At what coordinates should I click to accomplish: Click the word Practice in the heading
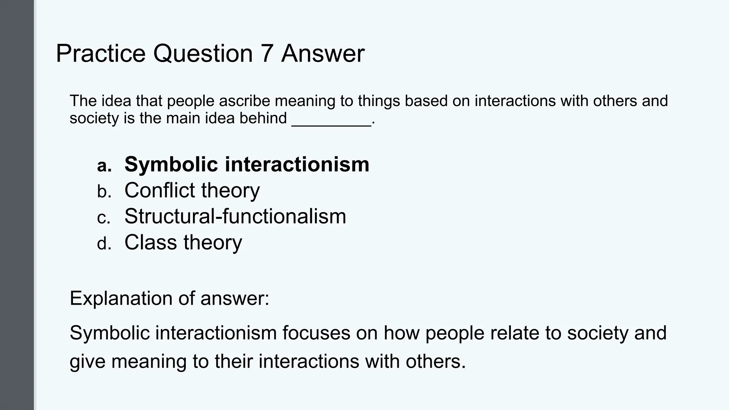pos(101,54)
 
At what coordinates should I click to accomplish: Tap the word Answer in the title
pos(323,54)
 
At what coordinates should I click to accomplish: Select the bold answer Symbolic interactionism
pos(247,164)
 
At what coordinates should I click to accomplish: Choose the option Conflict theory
pos(192,190)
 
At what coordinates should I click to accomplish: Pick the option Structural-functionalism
pos(235,216)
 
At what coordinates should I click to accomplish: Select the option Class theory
pos(183,242)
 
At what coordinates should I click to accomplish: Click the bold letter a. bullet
pos(104,166)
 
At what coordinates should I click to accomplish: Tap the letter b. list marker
pos(104,192)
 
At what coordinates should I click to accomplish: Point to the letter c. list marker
pos(104,218)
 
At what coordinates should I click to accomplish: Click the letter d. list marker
pos(104,244)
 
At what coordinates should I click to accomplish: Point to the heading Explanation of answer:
pos(169,298)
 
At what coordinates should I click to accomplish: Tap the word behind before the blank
pos(263,118)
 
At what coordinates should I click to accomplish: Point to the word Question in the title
pos(203,54)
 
